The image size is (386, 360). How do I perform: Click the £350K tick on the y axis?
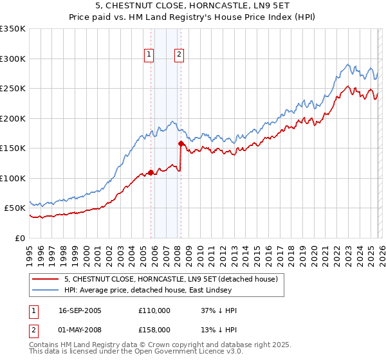13,29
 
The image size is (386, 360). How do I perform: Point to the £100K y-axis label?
13,178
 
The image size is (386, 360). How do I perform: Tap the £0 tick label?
20,238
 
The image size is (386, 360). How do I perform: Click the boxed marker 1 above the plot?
149,55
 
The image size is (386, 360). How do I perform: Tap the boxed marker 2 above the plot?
178,55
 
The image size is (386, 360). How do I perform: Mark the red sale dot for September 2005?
151,172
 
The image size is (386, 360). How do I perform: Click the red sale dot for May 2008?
181,143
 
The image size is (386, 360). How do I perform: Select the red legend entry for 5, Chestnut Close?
170,279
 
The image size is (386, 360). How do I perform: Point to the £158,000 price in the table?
154,329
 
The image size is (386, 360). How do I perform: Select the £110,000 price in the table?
154,310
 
